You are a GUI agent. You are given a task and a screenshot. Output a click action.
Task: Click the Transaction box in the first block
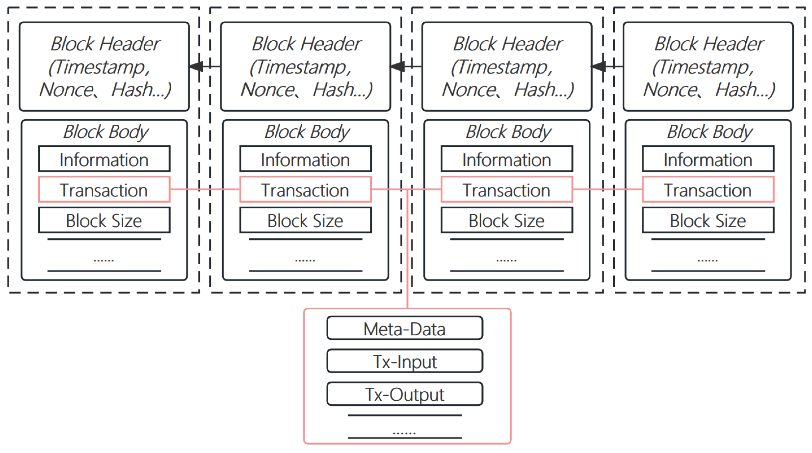(x=104, y=190)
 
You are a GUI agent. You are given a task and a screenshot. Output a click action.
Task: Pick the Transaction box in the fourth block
(x=708, y=190)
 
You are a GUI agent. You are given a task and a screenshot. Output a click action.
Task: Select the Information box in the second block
(x=305, y=159)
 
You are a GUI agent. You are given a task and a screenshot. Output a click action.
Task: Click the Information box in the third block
(x=507, y=159)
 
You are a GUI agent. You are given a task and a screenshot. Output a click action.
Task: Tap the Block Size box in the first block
(x=104, y=220)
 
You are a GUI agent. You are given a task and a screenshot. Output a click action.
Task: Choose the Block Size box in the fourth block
(x=708, y=220)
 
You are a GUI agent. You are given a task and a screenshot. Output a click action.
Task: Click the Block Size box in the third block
(x=507, y=220)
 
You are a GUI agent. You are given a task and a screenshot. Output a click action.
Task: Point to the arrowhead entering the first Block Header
(x=196, y=66)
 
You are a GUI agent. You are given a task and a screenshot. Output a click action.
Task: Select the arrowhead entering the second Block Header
(x=397, y=66)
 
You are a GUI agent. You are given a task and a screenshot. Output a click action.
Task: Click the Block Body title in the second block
(x=307, y=132)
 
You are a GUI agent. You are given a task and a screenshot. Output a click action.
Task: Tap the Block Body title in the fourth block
(x=709, y=132)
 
